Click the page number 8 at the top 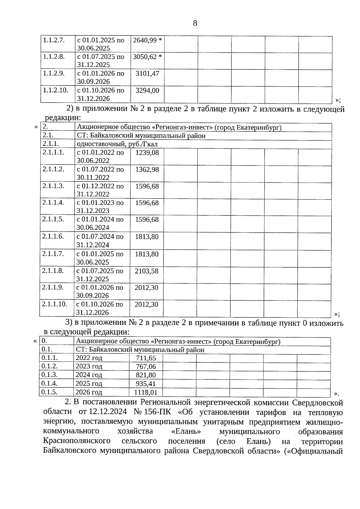click(x=195, y=23)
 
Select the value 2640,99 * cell click(x=147, y=40)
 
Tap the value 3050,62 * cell click(x=147, y=57)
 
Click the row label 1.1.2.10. click(x=55, y=90)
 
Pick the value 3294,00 click(x=147, y=90)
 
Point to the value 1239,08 click(x=147, y=153)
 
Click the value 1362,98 click(x=147, y=169)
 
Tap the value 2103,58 click(x=146, y=271)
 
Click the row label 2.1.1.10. click(x=54, y=304)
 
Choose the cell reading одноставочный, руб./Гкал click(x=117, y=144)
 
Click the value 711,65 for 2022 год click(x=146, y=358)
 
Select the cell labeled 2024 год click(x=89, y=375)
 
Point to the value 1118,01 click(x=145, y=392)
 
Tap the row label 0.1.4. click(x=49, y=383)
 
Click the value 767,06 click(x=146, y=367)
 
